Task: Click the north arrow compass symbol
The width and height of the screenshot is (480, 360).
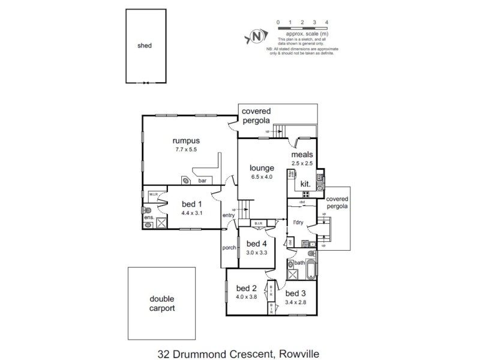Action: (x=256, y=37)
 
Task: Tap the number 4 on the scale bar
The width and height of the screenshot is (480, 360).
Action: (x=326, y=22)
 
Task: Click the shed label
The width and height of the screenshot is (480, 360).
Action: (x=144, y=45)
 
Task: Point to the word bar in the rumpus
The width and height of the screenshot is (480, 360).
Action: (x=203, y=180)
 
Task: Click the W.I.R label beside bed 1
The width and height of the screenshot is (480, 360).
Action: (x=154, y=194)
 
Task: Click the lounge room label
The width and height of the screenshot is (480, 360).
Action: (x=262, y=168)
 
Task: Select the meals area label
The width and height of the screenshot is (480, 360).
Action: (x=302, y=154)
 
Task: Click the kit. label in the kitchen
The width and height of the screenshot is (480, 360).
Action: (x=305, y=184)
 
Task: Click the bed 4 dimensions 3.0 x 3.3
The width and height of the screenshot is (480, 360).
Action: (x=256, y=253)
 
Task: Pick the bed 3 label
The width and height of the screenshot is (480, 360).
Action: (x=295, y=293)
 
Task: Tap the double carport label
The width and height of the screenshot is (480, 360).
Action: (x=161, y=304)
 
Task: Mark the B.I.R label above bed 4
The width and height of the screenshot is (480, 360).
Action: (x=259, y=224)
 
